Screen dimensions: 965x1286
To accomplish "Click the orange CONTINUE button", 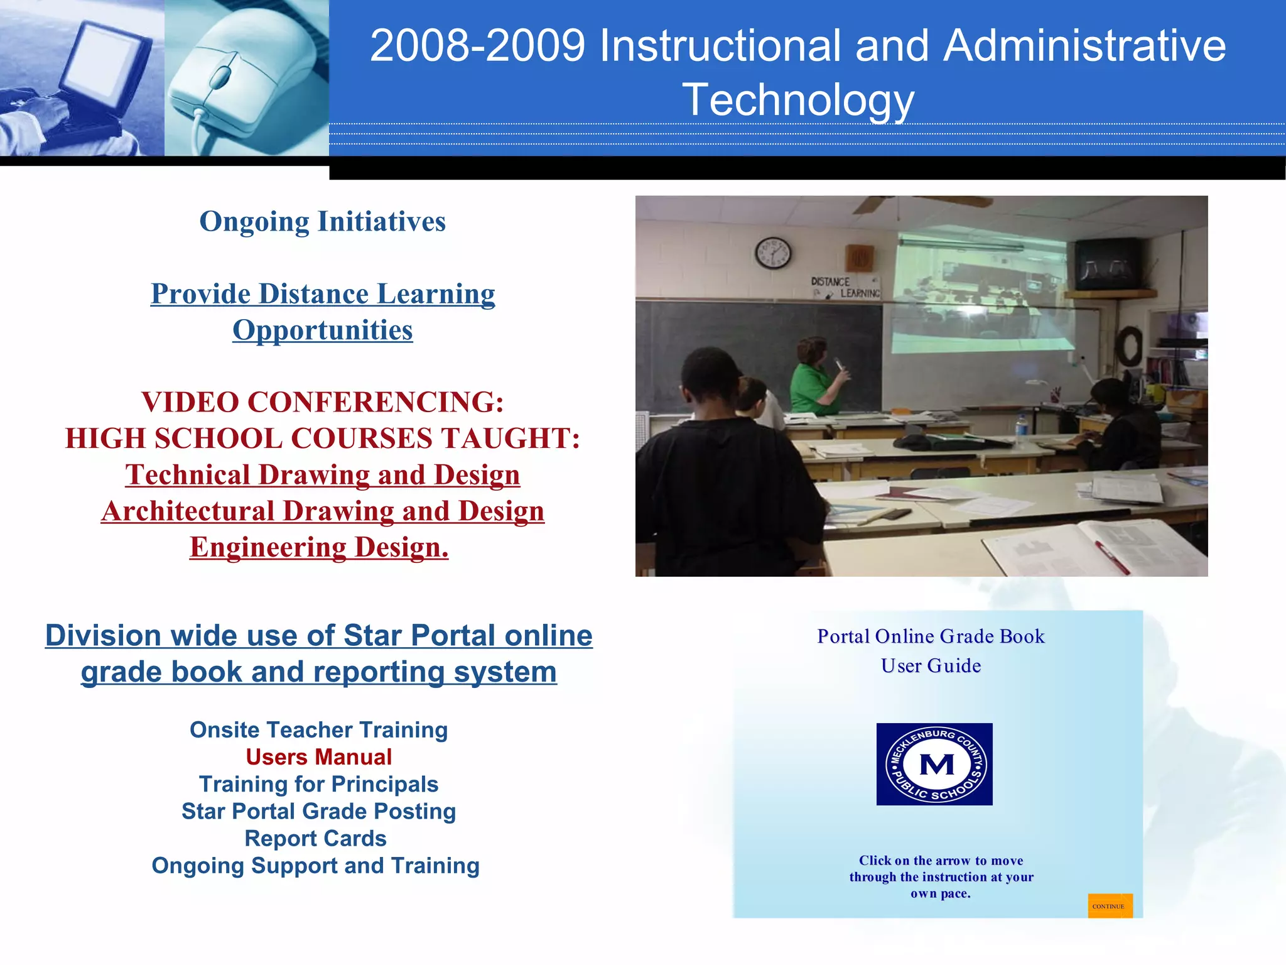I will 1110,905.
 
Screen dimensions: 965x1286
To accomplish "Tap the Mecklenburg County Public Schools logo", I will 934,764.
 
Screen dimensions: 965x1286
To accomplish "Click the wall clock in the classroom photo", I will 772,253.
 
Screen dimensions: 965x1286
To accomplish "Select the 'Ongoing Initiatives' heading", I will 322,221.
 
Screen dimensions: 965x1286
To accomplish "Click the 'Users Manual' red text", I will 318,757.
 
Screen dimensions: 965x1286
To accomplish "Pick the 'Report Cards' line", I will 315,838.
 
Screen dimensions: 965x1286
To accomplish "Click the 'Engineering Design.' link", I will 319,547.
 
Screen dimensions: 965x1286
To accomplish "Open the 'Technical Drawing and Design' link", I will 322,475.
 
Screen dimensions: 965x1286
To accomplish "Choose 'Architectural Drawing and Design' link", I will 322,511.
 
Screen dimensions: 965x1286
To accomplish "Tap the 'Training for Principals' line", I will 318,784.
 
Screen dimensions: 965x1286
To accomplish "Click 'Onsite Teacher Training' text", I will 318,730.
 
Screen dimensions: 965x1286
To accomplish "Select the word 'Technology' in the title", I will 797,100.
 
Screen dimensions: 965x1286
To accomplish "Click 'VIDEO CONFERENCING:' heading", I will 322,402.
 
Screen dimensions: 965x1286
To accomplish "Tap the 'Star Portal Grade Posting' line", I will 318,811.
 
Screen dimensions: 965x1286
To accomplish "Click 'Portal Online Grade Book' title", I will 931,636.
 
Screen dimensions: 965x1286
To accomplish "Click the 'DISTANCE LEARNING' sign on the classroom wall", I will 845,287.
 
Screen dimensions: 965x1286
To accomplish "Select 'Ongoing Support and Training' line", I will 315,866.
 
